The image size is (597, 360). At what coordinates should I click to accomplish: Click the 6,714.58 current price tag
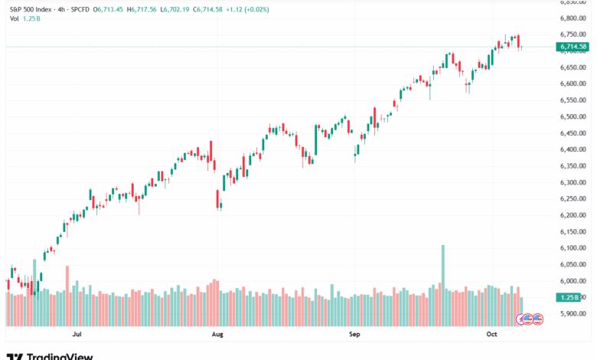click(x=573, y=47)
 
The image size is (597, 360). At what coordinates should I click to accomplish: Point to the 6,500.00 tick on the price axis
click(x=573, y=116)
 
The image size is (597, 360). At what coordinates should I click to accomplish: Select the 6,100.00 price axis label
click(x=573, y=248)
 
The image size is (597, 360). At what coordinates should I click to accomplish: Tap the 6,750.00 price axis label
click(x=573, y=34)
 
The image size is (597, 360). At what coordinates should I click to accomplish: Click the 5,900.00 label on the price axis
click(x=573, y=314)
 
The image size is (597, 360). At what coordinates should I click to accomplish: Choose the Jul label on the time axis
click(x=77, y=335)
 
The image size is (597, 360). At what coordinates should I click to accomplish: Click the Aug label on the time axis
click(x=217, y=335)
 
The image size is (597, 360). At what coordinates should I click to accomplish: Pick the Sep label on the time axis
click(x=354, y=335)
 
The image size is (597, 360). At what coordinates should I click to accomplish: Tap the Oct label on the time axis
click(x=492, y=335)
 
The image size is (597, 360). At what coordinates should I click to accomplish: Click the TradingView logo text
click(x=60, y=356)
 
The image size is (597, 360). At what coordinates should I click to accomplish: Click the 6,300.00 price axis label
click(x=573, y=182)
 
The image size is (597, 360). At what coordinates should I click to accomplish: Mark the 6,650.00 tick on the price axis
click(x=573, y=67)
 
